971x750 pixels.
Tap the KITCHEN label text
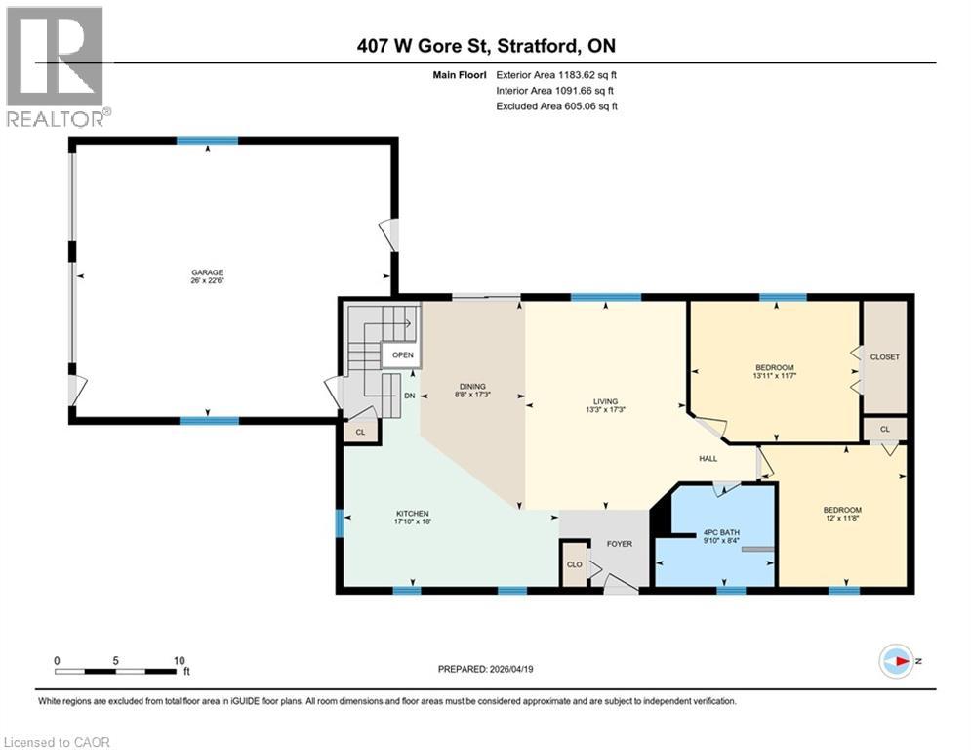[x=412, y=514]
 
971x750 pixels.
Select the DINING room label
[x=473, y=386]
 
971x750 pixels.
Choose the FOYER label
[x=620, y=544]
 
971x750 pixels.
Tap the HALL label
[x=708, y=459]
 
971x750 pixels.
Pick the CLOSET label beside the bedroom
[x=884, y=357]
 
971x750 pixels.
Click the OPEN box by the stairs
[x=403, y=355]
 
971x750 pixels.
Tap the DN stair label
[x=410, y=396]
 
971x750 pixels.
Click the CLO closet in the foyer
[x=575, y=564]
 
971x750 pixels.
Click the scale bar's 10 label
[x=179, y=660]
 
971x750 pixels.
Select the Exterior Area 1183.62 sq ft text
[x=557, y=74]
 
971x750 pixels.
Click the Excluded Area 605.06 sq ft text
[x=557, y=106]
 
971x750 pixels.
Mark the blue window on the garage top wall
[x=207, y=141]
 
